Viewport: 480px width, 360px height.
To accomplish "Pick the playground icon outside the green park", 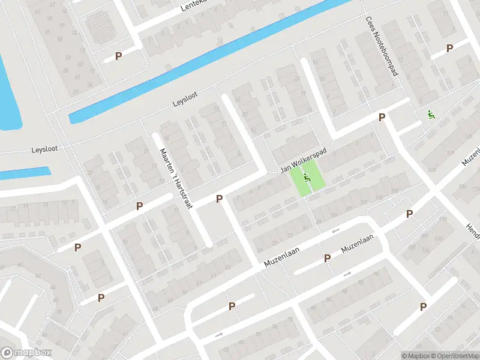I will point(431,114).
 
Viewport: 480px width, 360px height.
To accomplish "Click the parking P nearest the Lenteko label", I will point(119,56).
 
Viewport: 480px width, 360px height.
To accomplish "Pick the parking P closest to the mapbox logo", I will point(101,298).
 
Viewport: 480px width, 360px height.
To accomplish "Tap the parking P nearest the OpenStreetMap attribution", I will point(423,307).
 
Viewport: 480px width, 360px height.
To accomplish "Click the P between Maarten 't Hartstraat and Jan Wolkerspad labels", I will point(220,199).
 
